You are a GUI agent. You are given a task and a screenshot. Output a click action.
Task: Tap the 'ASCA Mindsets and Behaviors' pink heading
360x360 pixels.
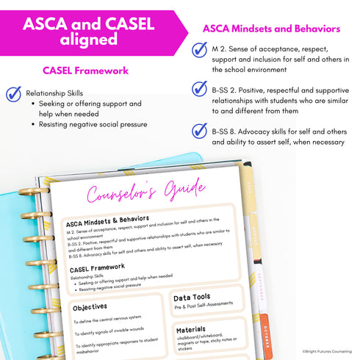(270, 29)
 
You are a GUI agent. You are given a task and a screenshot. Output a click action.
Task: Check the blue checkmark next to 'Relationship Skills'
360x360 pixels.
(13, 94)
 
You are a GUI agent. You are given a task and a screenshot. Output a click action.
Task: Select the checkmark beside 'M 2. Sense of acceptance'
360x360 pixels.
(198, 49)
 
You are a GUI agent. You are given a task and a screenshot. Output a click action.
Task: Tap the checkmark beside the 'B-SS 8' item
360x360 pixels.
(198, 131)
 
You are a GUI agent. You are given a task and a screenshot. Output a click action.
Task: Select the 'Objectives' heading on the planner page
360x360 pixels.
(90, 306)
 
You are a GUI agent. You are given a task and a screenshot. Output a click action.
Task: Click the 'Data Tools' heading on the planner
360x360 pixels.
(192, 298)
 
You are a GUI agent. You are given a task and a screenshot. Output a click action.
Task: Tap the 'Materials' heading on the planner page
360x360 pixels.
(191, 330)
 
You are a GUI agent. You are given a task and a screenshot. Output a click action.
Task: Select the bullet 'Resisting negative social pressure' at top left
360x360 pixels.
(93, 125)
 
